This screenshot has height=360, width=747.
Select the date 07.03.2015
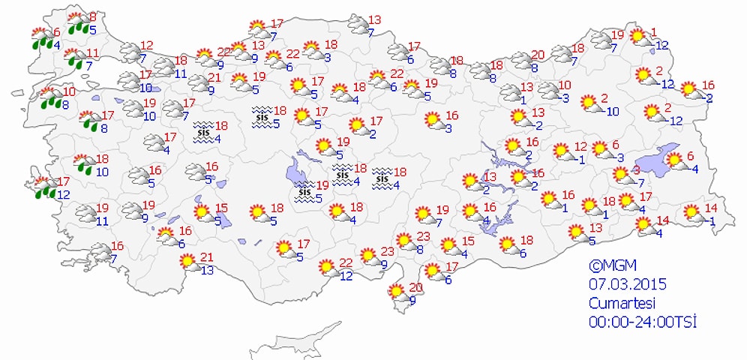click(x=627, y=284)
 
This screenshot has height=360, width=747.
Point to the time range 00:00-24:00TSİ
click(x=643, y=322)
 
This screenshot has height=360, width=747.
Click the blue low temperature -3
click(x=563, y=98)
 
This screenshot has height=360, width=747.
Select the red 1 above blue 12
click(x=654, y=31)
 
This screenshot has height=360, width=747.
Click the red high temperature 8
click(x=92, y=16)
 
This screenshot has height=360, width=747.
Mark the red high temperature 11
click(x=92, y=53)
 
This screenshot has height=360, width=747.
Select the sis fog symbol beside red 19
click(x=304, y=191)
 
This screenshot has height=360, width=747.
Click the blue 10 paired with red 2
click(x=612, y=112)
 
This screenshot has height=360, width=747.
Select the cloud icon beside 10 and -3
click(x=550, y=92)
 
